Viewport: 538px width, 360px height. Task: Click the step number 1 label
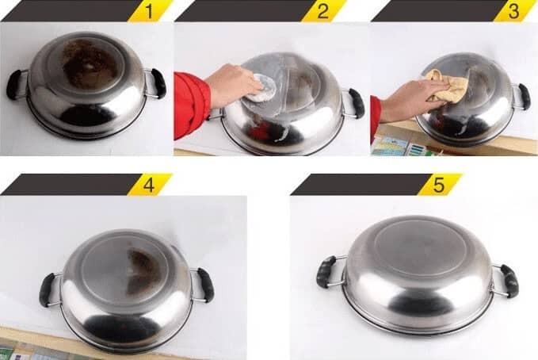tap(149, 11)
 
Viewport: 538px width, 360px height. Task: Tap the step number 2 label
tap(322, 11)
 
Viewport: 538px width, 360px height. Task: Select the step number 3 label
tap(513, 11)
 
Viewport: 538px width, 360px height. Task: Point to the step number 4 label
tap(149, 185)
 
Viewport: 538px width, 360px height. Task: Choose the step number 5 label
tap(439, 185)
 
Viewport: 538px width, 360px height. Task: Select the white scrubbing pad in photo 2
tap(262, 89)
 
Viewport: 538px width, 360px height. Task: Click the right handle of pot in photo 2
tap(356, 103)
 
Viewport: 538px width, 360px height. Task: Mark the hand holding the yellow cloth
tap(406, 101)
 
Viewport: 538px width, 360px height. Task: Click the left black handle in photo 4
tap(47, 289)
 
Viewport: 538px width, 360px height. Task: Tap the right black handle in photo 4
tap(205, 285)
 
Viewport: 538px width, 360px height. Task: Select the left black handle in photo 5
tap(326, 272)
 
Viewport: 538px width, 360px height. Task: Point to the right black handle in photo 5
tap(509, 281)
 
